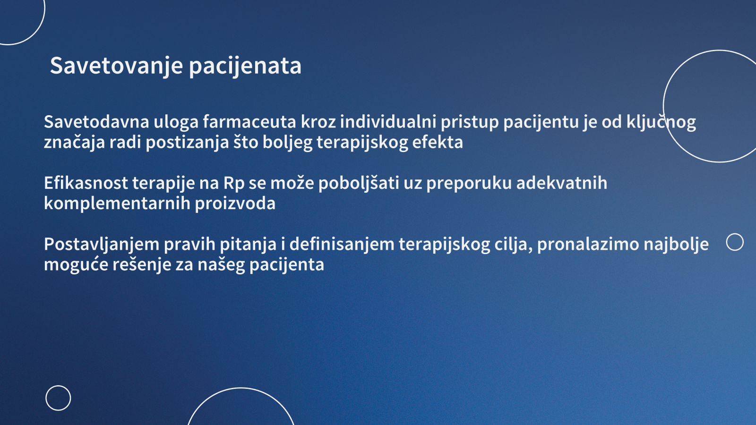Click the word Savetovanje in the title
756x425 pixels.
click(116, 66)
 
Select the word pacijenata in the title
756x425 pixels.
click(245, 66)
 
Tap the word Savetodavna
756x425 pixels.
click(96, 121)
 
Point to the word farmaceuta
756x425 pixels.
click(249, 121)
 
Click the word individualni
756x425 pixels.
click(388, 121)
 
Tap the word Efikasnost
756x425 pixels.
click(86, 183)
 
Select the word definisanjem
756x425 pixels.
click(342, 244)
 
